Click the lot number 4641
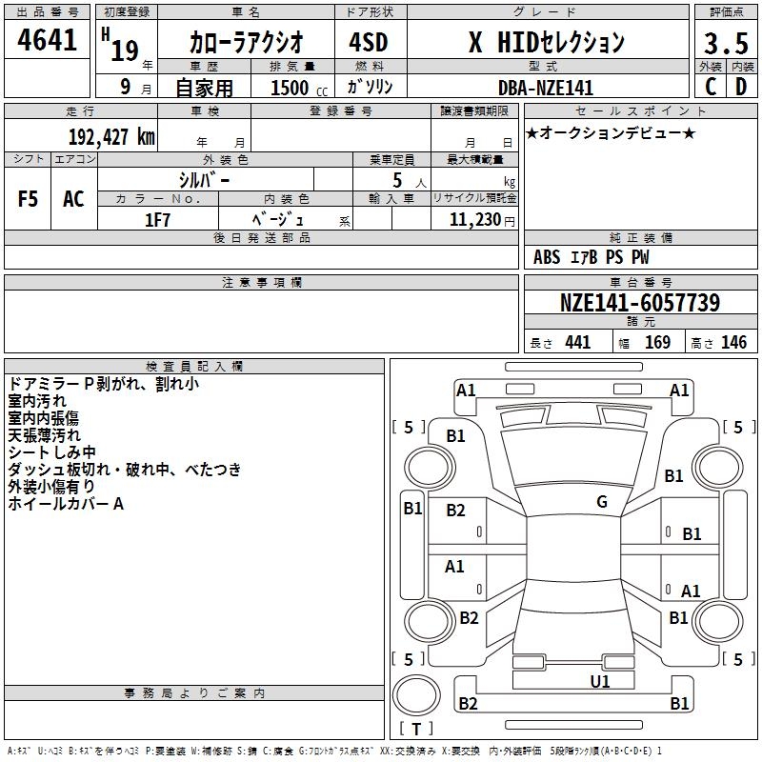[47, 40]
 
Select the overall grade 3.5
[726, 43]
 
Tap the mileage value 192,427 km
[111, 137]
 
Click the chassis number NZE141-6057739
[640, 303]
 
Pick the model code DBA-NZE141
[546, 88]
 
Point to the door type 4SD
[369, 42]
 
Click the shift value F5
[28, 199]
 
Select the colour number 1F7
[157, 220]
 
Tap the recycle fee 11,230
[474, 220]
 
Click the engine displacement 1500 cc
[299, 89]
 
